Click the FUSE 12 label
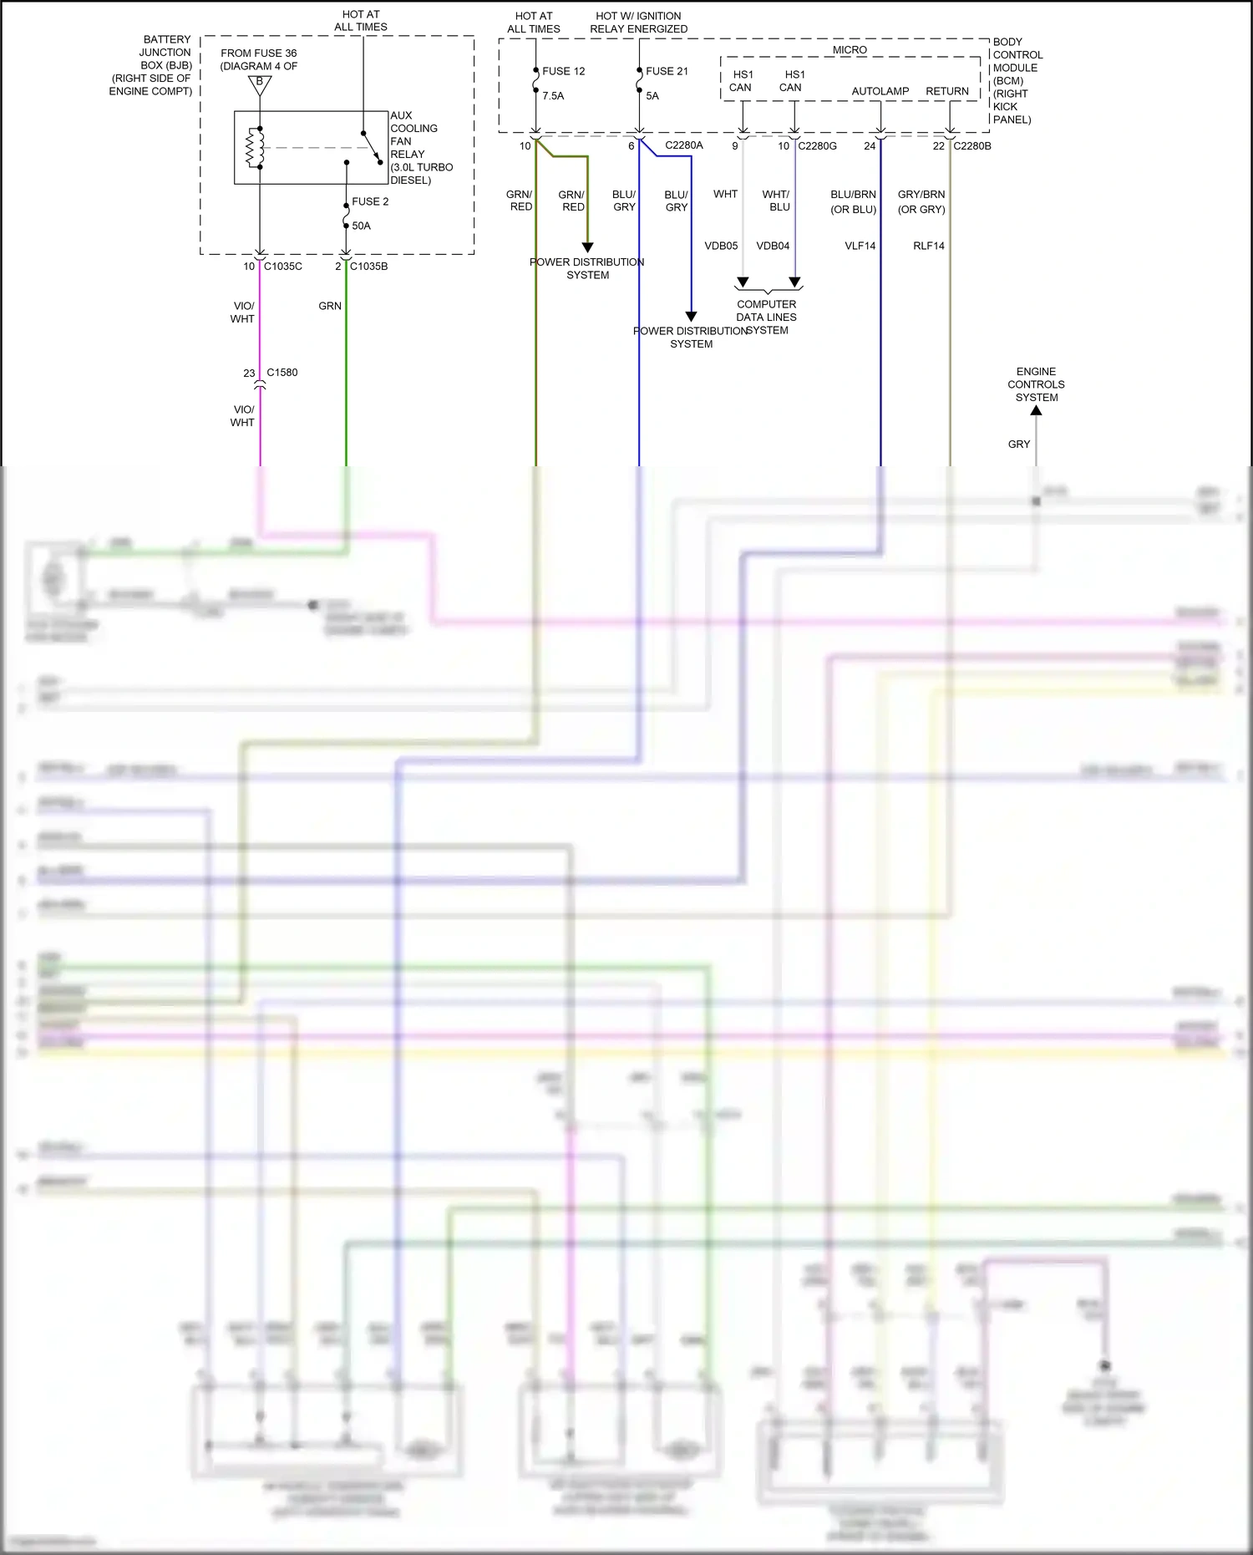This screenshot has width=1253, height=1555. (563, 71)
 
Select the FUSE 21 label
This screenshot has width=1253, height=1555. (667, 71)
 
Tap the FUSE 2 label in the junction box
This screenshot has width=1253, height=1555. (370, 201)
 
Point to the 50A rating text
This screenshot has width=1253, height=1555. (361, 226)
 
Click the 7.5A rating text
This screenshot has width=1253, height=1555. (553, 96)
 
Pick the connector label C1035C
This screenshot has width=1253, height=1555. (283, 267)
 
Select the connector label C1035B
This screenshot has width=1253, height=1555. (368, 267)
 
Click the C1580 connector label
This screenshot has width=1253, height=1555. (282, 373)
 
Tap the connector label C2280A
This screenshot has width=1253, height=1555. (684, 145)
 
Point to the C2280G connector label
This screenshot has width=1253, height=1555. (817, 146)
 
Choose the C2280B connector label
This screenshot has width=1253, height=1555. (972, 146)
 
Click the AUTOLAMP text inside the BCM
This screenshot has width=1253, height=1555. (880, 91)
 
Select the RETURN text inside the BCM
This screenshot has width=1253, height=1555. (947, 91)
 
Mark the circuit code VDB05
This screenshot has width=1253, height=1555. (721, 246)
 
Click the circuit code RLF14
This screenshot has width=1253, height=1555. (929, 246)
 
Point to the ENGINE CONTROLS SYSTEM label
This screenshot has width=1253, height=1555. (1036, 384)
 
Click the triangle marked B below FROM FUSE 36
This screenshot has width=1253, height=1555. (260, 84)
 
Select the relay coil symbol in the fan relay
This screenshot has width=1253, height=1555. (254, 147)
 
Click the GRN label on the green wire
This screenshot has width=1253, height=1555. (330, 306)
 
